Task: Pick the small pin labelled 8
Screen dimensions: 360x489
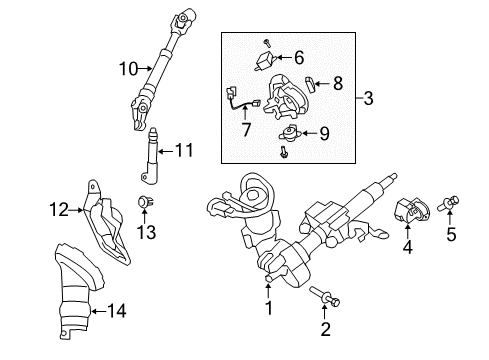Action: pyautogui.click(x=311, y=81)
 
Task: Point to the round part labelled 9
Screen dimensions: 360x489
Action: pyautogui.click(x=290, y=130)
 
